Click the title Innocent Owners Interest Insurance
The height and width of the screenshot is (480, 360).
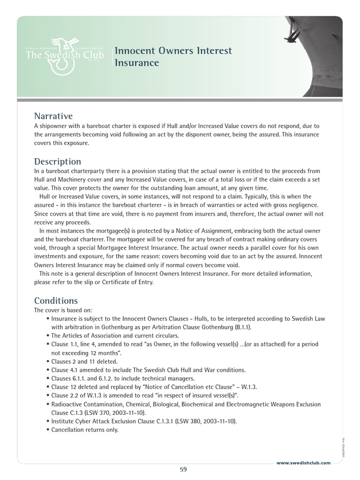pos(173,56)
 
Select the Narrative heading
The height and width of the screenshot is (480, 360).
pos(53,116)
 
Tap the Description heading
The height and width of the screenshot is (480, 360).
pos(58,161)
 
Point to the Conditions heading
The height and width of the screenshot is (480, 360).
pos(56,300)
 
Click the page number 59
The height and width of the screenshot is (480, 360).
pos(183,470)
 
